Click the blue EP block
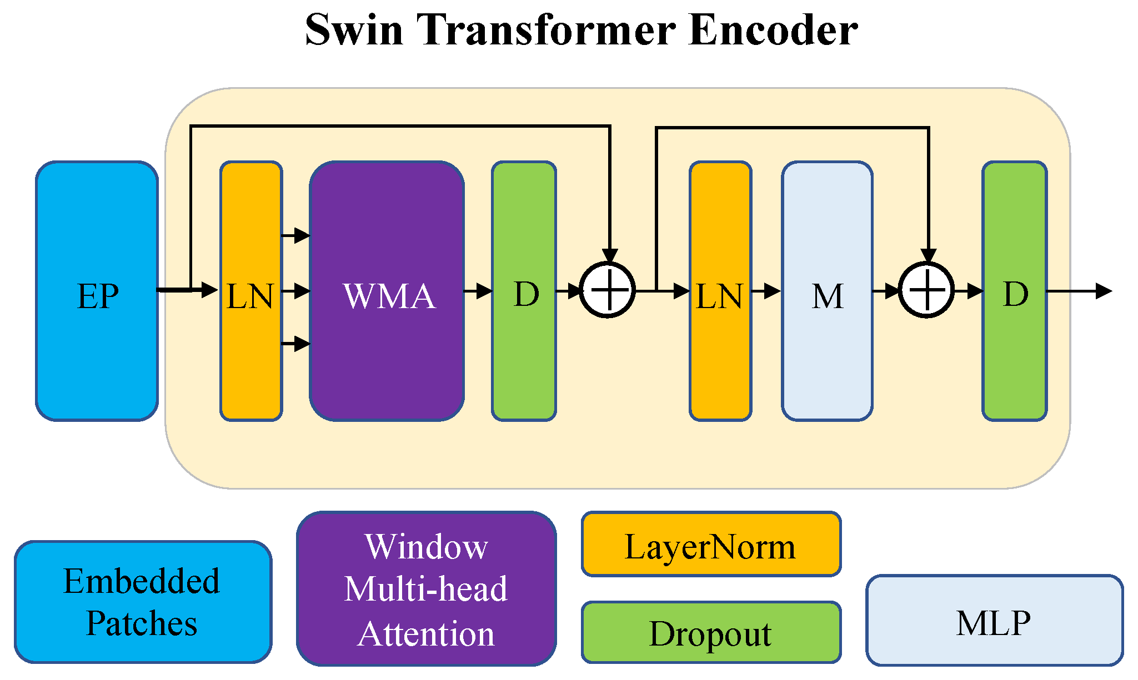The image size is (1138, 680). (97, 291)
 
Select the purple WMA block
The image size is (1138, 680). (387, 291)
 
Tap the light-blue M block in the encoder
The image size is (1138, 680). (827, 291)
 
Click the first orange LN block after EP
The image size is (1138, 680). (251, 291)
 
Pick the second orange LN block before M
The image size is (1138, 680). (720, 291)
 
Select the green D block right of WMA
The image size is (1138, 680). (524, 291)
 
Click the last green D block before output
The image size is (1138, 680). (1014, 291)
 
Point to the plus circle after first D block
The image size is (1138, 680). (608, 290)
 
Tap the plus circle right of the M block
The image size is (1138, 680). (926, 290)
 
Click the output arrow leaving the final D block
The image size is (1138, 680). (1080, 291)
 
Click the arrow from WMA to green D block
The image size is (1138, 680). (478, 290)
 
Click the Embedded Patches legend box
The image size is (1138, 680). (143, 602)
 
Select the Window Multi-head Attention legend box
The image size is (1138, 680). (426, 589)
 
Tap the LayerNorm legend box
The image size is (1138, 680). (711, 545)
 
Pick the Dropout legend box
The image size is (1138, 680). (711, 632)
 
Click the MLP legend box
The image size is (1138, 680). (994, 621)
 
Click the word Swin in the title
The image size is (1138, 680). (354, 30)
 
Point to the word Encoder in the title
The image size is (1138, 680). (773, 30)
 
